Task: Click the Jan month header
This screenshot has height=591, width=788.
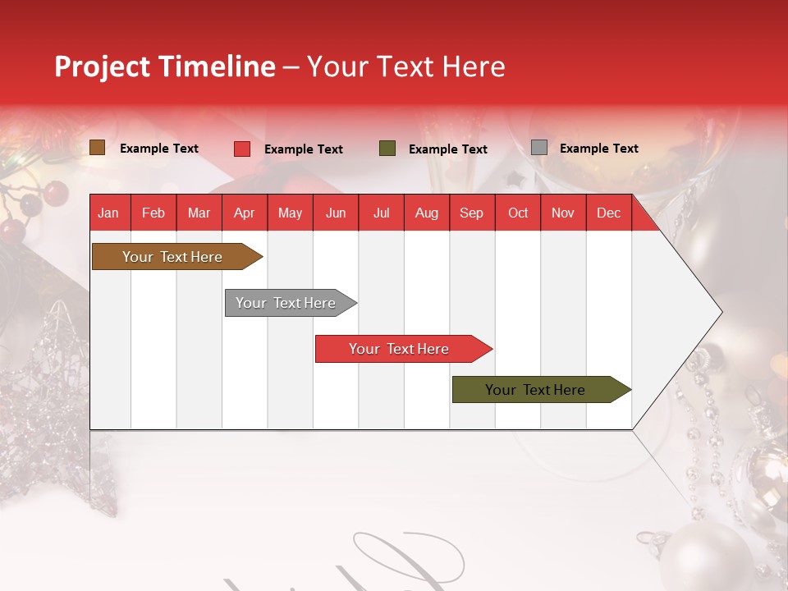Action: click(108, 213)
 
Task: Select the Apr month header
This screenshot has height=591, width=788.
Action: click(244, 213)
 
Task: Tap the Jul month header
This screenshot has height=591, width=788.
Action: click(381, 213)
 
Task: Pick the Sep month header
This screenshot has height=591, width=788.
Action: click(471, 213)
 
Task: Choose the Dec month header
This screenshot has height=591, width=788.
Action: click(608, 213)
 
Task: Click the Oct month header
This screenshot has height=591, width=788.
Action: click(517, 213)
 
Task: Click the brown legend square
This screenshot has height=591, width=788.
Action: click(97, 148)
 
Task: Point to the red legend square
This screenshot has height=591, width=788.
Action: click(241, 149)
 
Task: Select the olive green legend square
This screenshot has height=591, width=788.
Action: click(387, 149)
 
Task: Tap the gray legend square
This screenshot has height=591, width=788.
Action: click(538, 148)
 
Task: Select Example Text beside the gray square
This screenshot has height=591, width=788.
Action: click(598, 148)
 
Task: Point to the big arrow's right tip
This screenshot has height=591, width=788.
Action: click(720, 312)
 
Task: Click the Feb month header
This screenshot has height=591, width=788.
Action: click(153, 213)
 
